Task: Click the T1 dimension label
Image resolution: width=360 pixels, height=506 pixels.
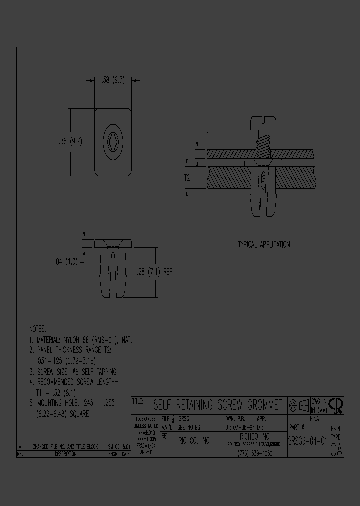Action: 206,135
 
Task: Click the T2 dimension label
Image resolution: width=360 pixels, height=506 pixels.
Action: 186,177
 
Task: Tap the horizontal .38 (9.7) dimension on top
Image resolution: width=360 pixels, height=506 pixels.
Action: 113,80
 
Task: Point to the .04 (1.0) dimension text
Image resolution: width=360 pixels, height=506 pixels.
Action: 65,261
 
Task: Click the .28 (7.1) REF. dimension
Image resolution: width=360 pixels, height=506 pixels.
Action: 155,272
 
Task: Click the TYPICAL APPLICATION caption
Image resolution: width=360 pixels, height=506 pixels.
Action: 263,245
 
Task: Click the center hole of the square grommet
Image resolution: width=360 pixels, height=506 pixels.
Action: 113,141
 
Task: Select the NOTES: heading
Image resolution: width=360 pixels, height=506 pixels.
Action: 38,329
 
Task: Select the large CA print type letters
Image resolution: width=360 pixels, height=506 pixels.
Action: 337,450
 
